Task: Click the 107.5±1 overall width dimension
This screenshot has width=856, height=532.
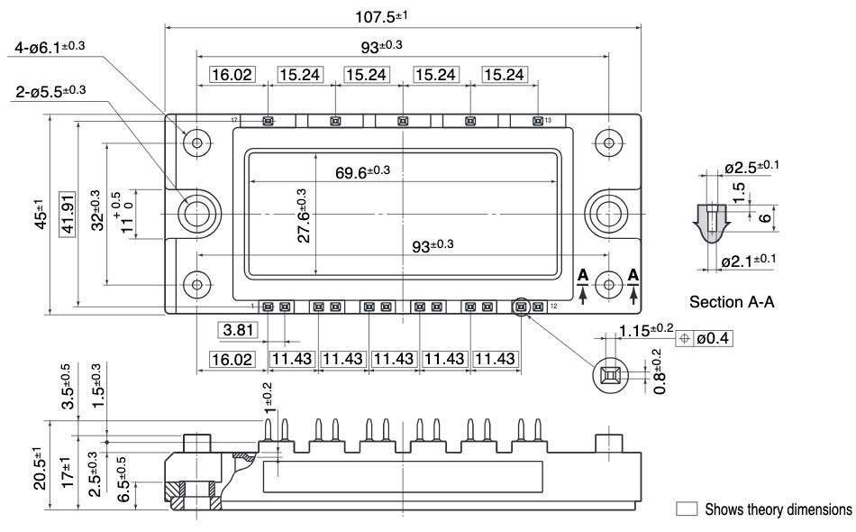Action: tap(401, 16)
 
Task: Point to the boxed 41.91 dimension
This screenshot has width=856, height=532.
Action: tap(65, 215)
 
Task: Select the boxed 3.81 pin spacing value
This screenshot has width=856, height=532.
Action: tap(238, 330)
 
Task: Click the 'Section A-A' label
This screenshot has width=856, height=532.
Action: tap(731, 303)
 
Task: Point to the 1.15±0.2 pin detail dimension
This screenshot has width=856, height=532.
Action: tap(646, 330)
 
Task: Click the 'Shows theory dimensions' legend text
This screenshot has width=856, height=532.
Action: tap(777, 509)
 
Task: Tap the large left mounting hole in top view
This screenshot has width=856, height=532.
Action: tap(196, 213)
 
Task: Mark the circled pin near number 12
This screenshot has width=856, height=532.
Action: tap(522, 307)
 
